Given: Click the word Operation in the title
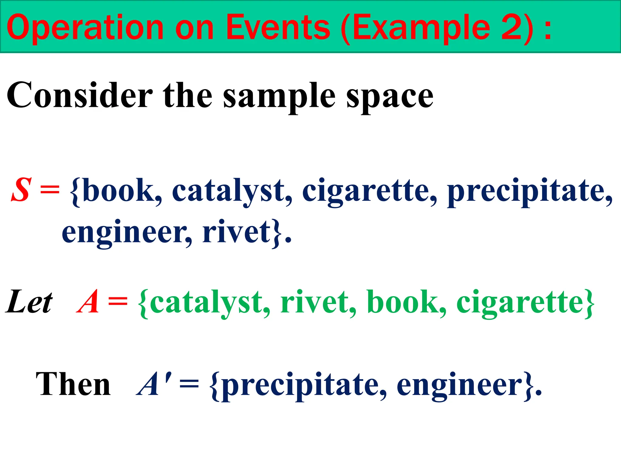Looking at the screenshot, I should (x=85, y=28).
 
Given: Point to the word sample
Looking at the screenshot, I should (x=279, y=97).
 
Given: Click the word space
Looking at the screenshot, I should (x=390, y=97).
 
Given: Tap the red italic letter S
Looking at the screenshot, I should (x=21, y=190).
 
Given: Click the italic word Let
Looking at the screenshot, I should (x=29, y=302).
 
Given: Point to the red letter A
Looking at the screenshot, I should (x=88, y=302).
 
